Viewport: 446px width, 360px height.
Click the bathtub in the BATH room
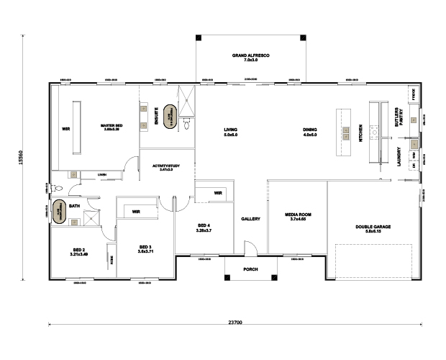(x=73, y=218)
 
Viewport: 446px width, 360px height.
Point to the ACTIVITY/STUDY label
(x=166, y=168)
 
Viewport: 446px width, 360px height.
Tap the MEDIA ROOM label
(x=297, y=216)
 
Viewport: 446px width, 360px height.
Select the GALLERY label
(x=250, y=219)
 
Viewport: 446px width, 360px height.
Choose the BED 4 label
(x=204, y=228)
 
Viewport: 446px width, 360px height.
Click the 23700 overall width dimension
(x=235, y=321)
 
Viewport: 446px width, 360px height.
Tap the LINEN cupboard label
(x=102, y=174)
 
